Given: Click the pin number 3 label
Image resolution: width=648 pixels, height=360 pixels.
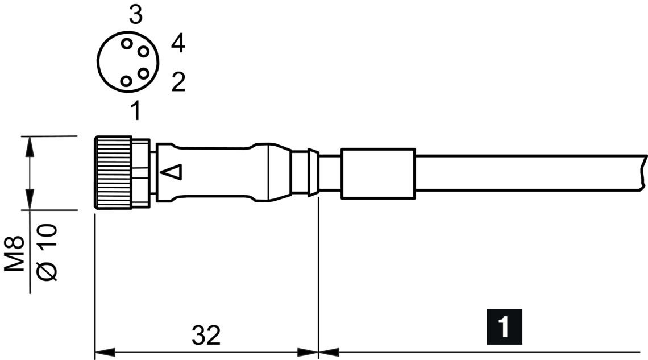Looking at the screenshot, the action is coord(135,15).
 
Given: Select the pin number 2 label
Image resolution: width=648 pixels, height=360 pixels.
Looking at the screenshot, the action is coord(178,82).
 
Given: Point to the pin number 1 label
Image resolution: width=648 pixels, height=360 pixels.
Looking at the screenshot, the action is coord(135,110).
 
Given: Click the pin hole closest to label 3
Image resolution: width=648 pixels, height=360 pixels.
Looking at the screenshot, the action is coord(126,43).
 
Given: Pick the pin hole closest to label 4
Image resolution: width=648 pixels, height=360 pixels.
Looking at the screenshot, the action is coord(143,52).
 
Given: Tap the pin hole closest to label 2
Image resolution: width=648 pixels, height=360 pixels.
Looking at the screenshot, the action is coord(143,73).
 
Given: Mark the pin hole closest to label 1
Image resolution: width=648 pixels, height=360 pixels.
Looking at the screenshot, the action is coord(126,81).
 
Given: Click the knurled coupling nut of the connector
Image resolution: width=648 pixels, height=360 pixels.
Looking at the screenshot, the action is coord(113,172).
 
